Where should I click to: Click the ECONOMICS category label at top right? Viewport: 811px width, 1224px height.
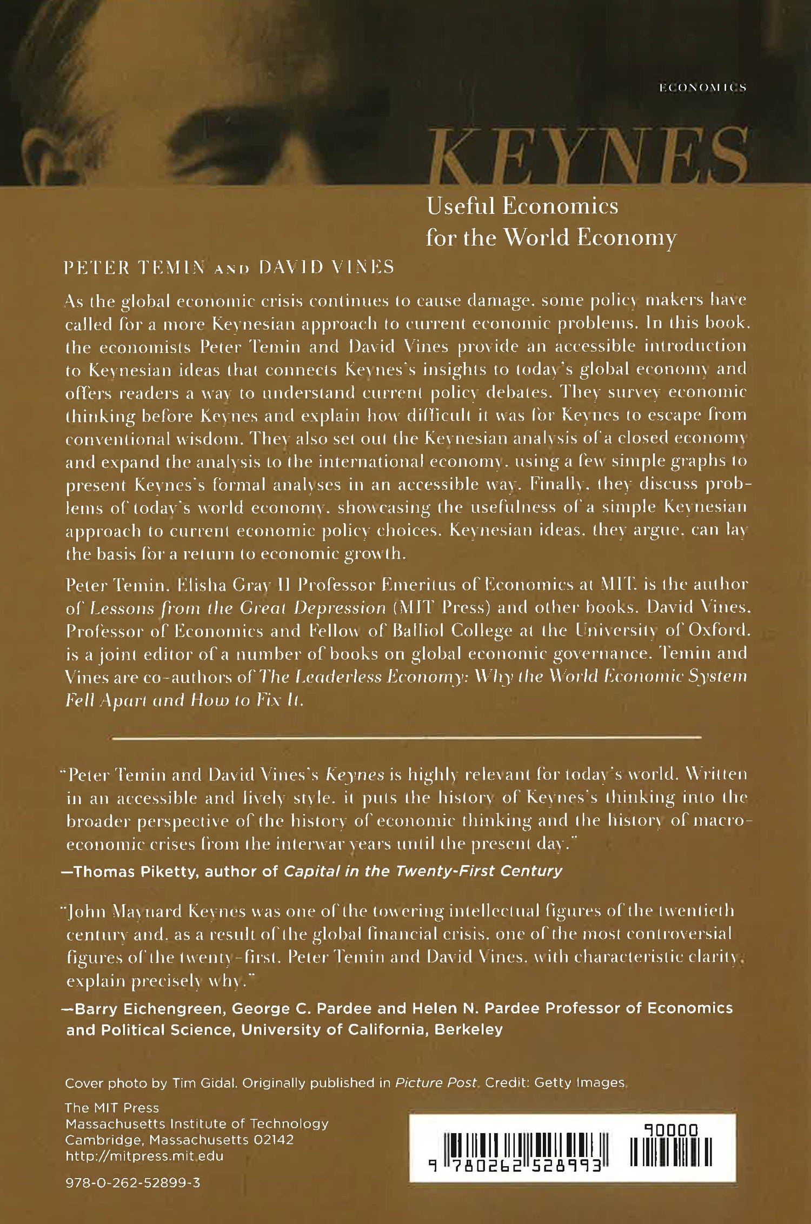click(x=703, y=88)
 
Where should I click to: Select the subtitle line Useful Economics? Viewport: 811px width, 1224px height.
click(x=522, y=206)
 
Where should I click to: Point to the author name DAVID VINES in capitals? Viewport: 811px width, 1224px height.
click(x=327, y=267)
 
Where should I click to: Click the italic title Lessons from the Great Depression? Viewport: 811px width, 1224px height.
click(x=238, y=608)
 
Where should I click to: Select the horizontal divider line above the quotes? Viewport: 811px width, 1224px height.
click(x=405, y=737)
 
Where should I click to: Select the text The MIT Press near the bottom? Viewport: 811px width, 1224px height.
click(x=112, y=1108)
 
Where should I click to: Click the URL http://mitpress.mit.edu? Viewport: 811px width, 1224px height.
click(x=144, y=1156)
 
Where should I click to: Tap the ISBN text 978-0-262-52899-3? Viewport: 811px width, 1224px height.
click(x=132, y=1183)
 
